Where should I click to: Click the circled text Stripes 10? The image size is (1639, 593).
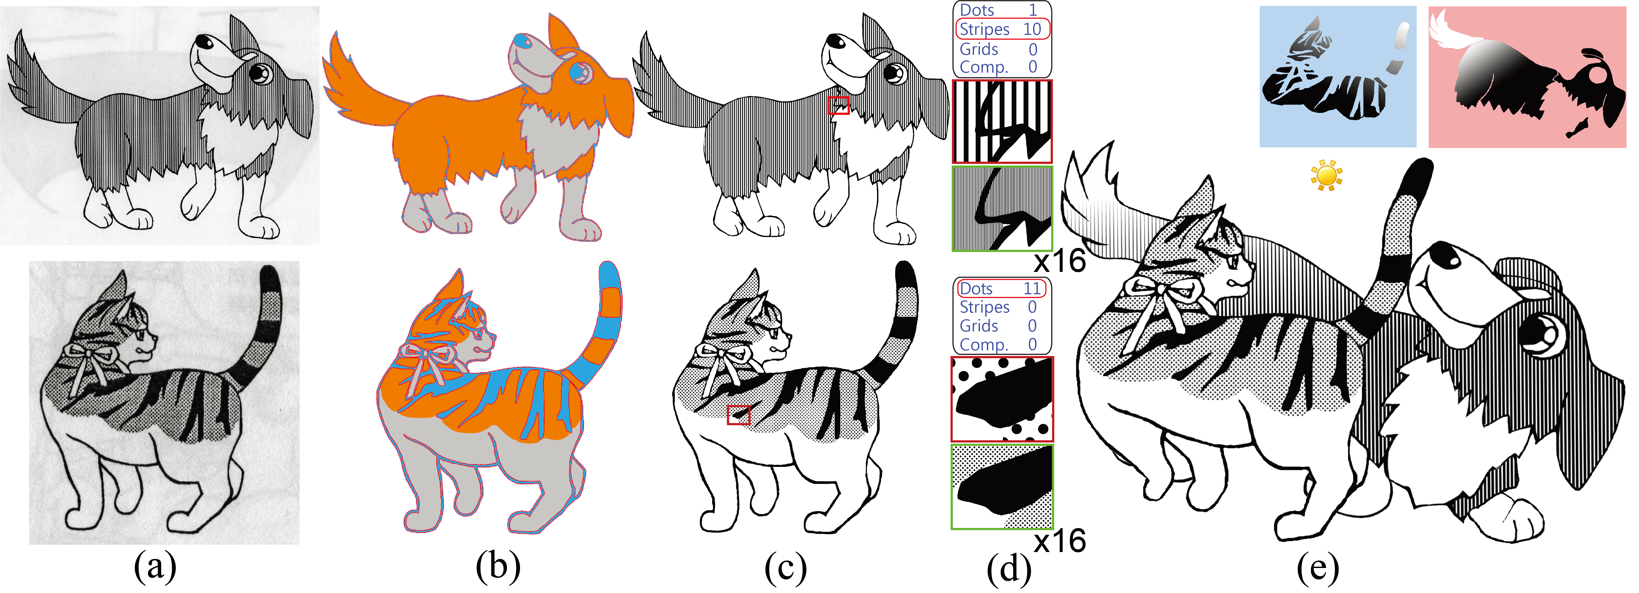point(1001,29)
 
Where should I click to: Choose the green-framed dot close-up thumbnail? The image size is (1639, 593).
point(1002,486)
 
